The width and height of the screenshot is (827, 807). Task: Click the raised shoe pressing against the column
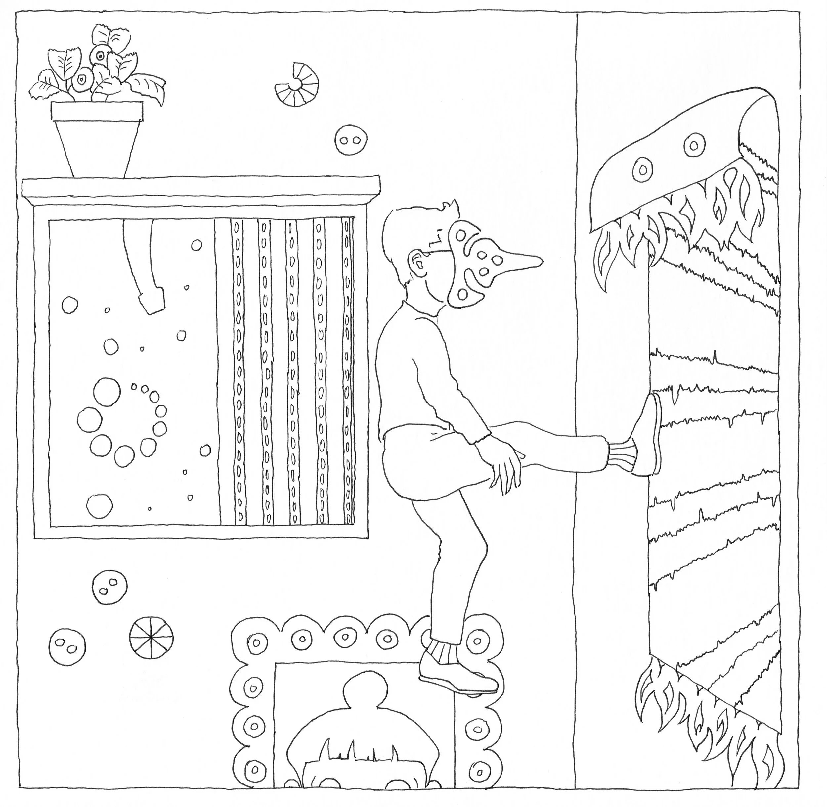(646, 437)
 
